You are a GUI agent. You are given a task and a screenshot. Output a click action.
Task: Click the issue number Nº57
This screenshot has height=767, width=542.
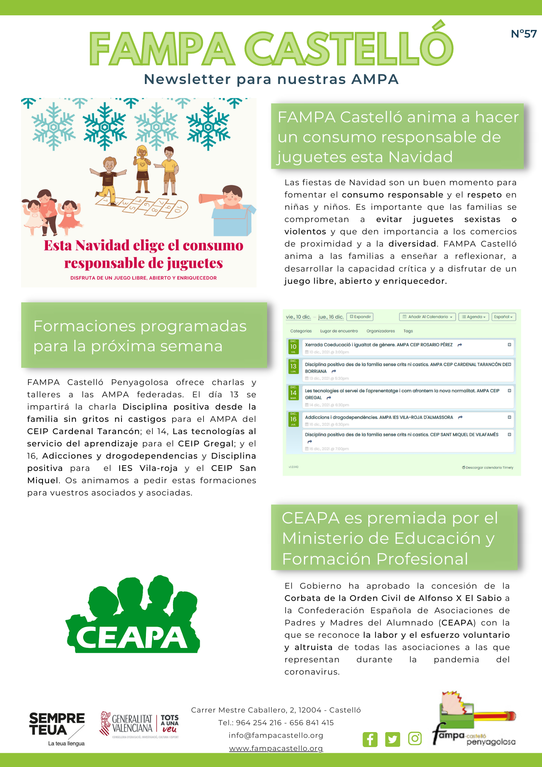pyautogui.click(x=524, y=34)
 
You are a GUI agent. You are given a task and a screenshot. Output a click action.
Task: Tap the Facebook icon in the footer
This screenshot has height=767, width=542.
pyautogui.click(x=370, y=739)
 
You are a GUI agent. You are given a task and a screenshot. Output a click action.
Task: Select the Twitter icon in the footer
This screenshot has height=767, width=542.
pyautogui.click(x=393, y=739)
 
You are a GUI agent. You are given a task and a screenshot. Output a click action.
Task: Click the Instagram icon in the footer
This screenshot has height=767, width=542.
pyautogui.click(x=415, y=738)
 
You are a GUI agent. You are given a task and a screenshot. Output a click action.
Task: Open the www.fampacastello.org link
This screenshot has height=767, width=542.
pyautogui.click(x=276, y=748)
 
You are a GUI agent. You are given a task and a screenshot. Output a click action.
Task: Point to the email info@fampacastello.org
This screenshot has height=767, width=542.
pyautogui.click(x=276, y=735)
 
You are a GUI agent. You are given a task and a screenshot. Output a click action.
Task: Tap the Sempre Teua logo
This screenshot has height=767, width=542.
pyautogui.click(x=57, y=728)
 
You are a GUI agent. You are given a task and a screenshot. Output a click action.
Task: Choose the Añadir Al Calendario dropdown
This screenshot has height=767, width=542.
pyautogui.click(x=427, y=317)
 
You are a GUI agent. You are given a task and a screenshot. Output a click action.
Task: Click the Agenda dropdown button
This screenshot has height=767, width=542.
pyautogui.click(x=474, y=317)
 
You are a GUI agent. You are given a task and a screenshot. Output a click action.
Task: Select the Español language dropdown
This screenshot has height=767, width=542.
pyautogui.click(x=503, y=317)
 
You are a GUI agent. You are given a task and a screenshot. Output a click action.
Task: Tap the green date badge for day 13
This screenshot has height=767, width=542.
pyautogui.click(x=293, y=366)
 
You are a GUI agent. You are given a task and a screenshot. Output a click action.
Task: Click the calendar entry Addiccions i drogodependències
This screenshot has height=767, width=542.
pyautogui.click(x=379, y=417)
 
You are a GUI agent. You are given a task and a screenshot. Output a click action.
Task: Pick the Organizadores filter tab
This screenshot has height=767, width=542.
pyautogui.click(x=380, y=331)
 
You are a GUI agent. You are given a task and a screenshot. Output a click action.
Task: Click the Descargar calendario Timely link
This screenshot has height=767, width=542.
pyautogui.click(x=488, y=467)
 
